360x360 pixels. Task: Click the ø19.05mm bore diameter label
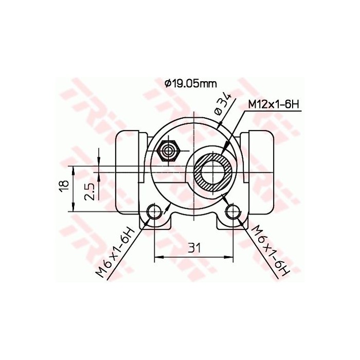click(190, 83)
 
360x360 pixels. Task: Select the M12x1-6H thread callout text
click(273, 104)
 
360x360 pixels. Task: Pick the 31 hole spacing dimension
click(194, 248)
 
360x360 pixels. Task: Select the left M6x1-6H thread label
click(115, 252)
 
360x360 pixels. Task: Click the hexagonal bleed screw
click(168, 152)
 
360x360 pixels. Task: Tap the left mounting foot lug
click(154, 219)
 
